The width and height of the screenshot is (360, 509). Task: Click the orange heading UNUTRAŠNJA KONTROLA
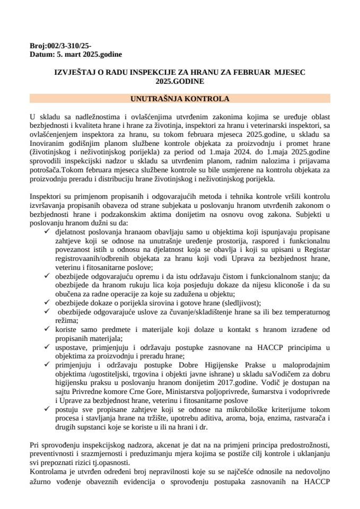180,99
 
